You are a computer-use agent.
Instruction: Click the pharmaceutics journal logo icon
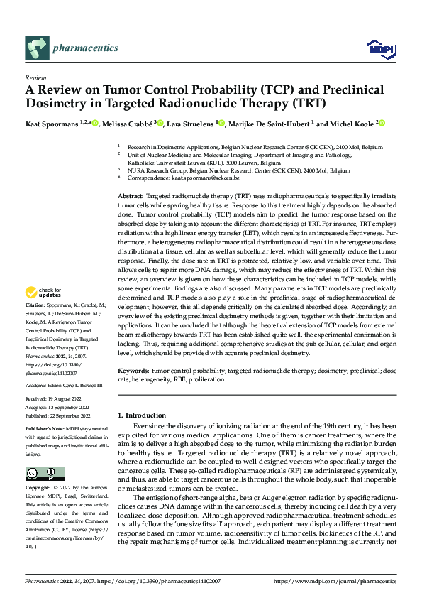pos(37,49)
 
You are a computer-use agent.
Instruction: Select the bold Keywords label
pos(133,371)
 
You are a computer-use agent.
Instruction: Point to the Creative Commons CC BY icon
pos(45,473)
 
